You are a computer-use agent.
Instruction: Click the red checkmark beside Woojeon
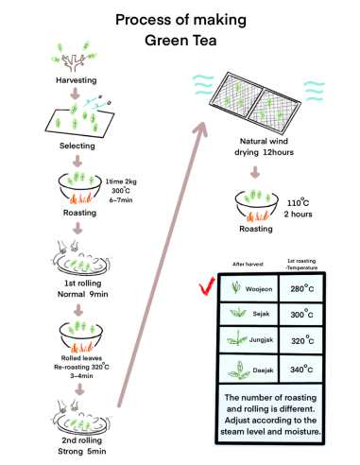tap(206, 287)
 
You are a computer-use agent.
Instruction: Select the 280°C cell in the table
tap(301, 288)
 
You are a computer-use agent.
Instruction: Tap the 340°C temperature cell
tap(301, 369)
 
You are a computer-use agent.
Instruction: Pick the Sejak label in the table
tap(261, 314)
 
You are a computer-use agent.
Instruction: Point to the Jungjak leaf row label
tap(261, 340)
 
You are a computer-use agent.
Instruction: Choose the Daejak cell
tap(249, 369)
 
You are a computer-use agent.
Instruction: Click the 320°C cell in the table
tap(301, 340)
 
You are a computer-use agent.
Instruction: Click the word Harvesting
tap(77, 80)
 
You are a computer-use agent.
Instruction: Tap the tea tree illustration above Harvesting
tap(75, 57)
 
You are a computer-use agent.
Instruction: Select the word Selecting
tap(77, 146)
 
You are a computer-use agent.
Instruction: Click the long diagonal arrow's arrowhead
tap(201, 129)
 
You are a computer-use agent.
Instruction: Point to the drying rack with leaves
tap(255, 103)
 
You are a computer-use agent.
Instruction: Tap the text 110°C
tap(298, 202)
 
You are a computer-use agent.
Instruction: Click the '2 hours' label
tap(298, 215)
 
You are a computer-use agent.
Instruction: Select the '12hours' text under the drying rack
tap(278, 152)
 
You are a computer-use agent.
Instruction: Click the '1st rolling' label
tap(83, 284)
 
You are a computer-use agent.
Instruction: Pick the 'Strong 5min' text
tap(82, 452)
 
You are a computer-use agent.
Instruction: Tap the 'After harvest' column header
tap(248, 265)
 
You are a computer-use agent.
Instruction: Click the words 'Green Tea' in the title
tap(180, 41)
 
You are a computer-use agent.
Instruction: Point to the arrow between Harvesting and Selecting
tap(75, 94)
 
